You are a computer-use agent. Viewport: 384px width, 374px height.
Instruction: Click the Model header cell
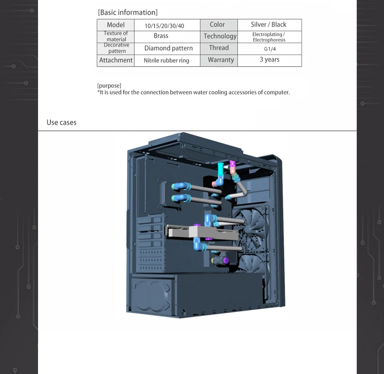coord(116,25)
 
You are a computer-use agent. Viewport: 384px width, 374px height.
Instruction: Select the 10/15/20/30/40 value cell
coord(164,26)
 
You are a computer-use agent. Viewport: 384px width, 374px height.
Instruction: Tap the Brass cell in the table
coord(161,36)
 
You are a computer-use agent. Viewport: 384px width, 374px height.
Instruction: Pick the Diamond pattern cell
coord(168,48)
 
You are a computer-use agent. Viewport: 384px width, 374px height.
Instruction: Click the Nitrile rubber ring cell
coord(166,60)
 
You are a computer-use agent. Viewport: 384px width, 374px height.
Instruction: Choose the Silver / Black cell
coord(268,25)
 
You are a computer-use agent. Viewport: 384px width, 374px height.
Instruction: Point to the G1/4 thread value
coord(270,49)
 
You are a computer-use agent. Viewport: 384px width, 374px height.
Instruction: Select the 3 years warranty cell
coord(270,60)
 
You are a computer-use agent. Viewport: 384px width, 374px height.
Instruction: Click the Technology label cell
coord(220,36)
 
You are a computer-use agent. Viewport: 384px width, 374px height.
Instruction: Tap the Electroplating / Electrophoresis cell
coord(269,37)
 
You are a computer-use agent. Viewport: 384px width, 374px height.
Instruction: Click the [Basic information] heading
coord(127,12)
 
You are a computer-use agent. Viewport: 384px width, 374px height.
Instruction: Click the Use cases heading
coord(61,123)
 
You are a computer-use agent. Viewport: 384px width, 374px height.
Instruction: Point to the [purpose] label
coord(109,85)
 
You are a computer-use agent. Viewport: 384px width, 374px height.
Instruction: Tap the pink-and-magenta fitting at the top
coord(232,166)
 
